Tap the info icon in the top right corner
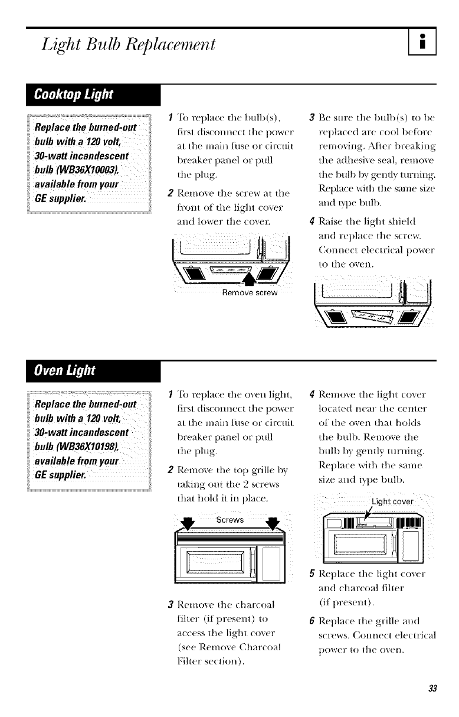click(422, 43)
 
